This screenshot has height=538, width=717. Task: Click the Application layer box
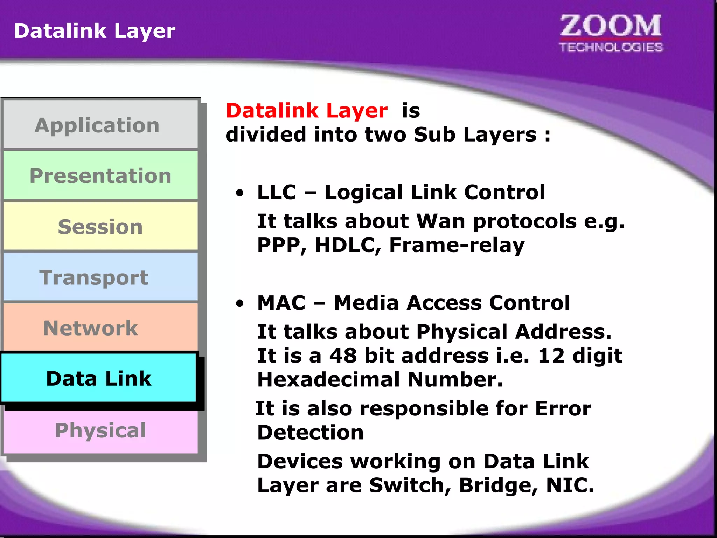coord(100,125)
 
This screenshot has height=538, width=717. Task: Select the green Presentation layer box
coord(100,175)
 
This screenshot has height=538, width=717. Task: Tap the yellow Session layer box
coord(100,226)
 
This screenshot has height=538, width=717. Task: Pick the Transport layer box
coord(100,277)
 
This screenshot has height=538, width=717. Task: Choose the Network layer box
coord(100,328)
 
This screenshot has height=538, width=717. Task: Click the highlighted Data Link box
coord(99,378)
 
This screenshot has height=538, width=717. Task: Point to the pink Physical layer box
coord(100,430)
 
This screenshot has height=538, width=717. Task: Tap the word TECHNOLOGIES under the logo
coord(611,47)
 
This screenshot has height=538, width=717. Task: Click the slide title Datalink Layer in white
coord(95,31)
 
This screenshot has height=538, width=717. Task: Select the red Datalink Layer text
coord(307,111)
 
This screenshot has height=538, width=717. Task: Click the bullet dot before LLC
coord(239,193)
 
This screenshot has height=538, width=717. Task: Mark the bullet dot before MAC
coord(239,303)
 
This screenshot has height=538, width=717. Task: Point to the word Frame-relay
coord(457,245)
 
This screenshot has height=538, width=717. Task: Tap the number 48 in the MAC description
coord(343,356)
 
